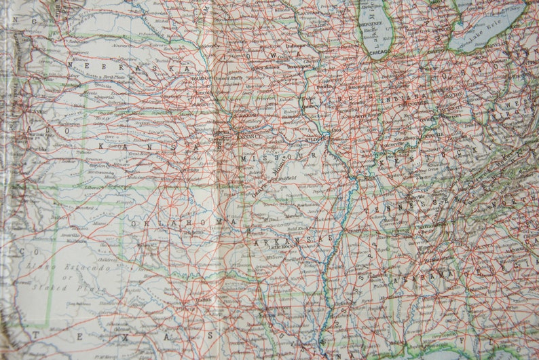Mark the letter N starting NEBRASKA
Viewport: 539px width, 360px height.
[x=90, y=66]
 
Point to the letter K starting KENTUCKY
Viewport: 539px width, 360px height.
[x=382, y=162]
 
